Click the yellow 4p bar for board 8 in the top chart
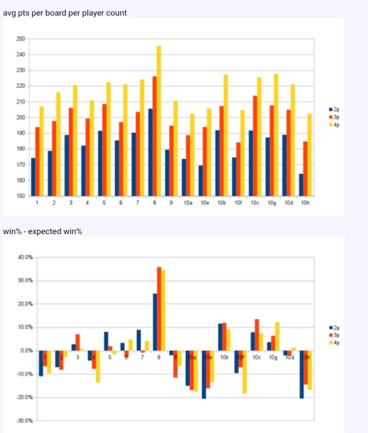[x=158, y=121]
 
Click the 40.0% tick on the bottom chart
[x=26, y=257]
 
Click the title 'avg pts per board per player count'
[x=65, y=11]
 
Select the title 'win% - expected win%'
[x=43, y=232]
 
